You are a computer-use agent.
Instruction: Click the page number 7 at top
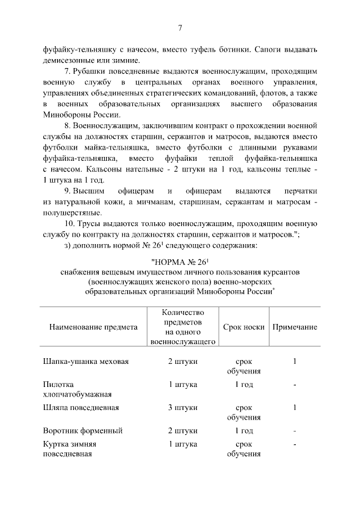coord(180,28)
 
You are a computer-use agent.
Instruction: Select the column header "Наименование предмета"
coord(93,327)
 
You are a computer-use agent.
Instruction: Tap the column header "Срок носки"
coord(244,327)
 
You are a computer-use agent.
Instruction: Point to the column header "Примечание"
coord(295,327)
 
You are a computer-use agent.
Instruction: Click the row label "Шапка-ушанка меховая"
coord(86,361)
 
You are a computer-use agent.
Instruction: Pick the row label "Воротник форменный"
coord(83,431)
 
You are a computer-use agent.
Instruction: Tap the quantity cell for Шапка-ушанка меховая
coord(183,361)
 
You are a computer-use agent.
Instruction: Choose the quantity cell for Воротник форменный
coord(183,431)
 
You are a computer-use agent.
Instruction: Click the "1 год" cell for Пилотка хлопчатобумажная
coord(244,385)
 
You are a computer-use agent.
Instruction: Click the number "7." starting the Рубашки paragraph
coord(69,72)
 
